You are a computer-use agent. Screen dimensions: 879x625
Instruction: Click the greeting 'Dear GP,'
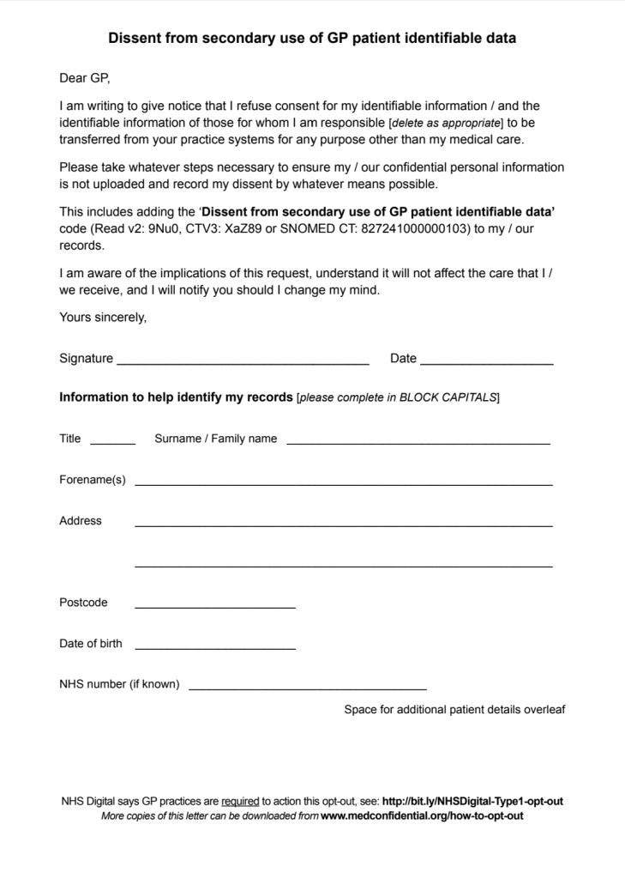point(85,78)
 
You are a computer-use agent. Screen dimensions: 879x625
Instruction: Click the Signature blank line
point(243,363)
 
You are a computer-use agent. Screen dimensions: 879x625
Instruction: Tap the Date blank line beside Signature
point(487,363)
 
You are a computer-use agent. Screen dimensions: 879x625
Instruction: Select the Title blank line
point(112,442)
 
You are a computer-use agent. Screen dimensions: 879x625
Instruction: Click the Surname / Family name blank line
point(418,442)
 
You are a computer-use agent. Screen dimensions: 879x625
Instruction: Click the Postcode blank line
point(215,606)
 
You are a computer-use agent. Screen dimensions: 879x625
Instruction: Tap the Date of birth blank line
point(215,647)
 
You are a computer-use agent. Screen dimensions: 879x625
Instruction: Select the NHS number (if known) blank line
point(307,688)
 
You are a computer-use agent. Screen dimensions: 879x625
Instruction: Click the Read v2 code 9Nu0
point(163,228)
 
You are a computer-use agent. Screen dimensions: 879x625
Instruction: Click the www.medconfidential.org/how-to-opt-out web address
point(422,816)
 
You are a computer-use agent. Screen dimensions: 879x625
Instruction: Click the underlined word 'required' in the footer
point(240,802)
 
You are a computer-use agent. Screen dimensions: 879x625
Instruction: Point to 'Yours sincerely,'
point(103,317)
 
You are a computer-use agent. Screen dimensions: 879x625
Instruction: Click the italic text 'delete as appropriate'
point(446,124)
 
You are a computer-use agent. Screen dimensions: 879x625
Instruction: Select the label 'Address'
point(81,521)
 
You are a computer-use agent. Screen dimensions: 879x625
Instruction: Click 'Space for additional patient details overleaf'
point(454,710)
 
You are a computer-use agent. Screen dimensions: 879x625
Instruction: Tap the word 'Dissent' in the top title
point(135,39)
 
